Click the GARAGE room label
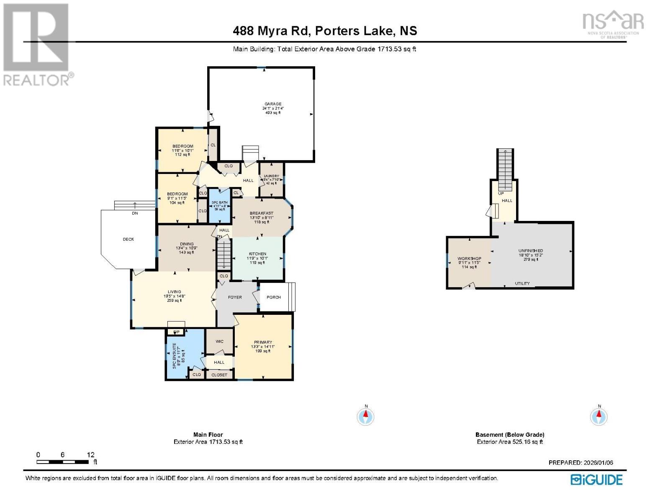click(x=272, y=104)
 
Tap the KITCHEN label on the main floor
click(x=257, y=254)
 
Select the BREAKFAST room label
click(x=262, y=213)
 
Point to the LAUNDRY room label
click(x=271, y=176)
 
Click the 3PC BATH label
click(x=220, y=202)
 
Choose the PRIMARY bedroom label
click(x=263, y=342)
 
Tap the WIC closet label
click(x=219, y=342)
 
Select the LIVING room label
click(x=175, y=292)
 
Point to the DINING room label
click(x=187, y=244)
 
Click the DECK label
click(x=128, y=239)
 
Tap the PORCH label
click(x=274, y=297)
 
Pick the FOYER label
click(x=235, y=297)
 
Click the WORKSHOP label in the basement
click(x=469, y=259)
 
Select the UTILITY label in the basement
click(x=522, y=283)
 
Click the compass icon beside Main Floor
click(x=366, y=417)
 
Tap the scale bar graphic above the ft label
click(x=62, y=462)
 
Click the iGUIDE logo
click(x=596, y=480)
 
